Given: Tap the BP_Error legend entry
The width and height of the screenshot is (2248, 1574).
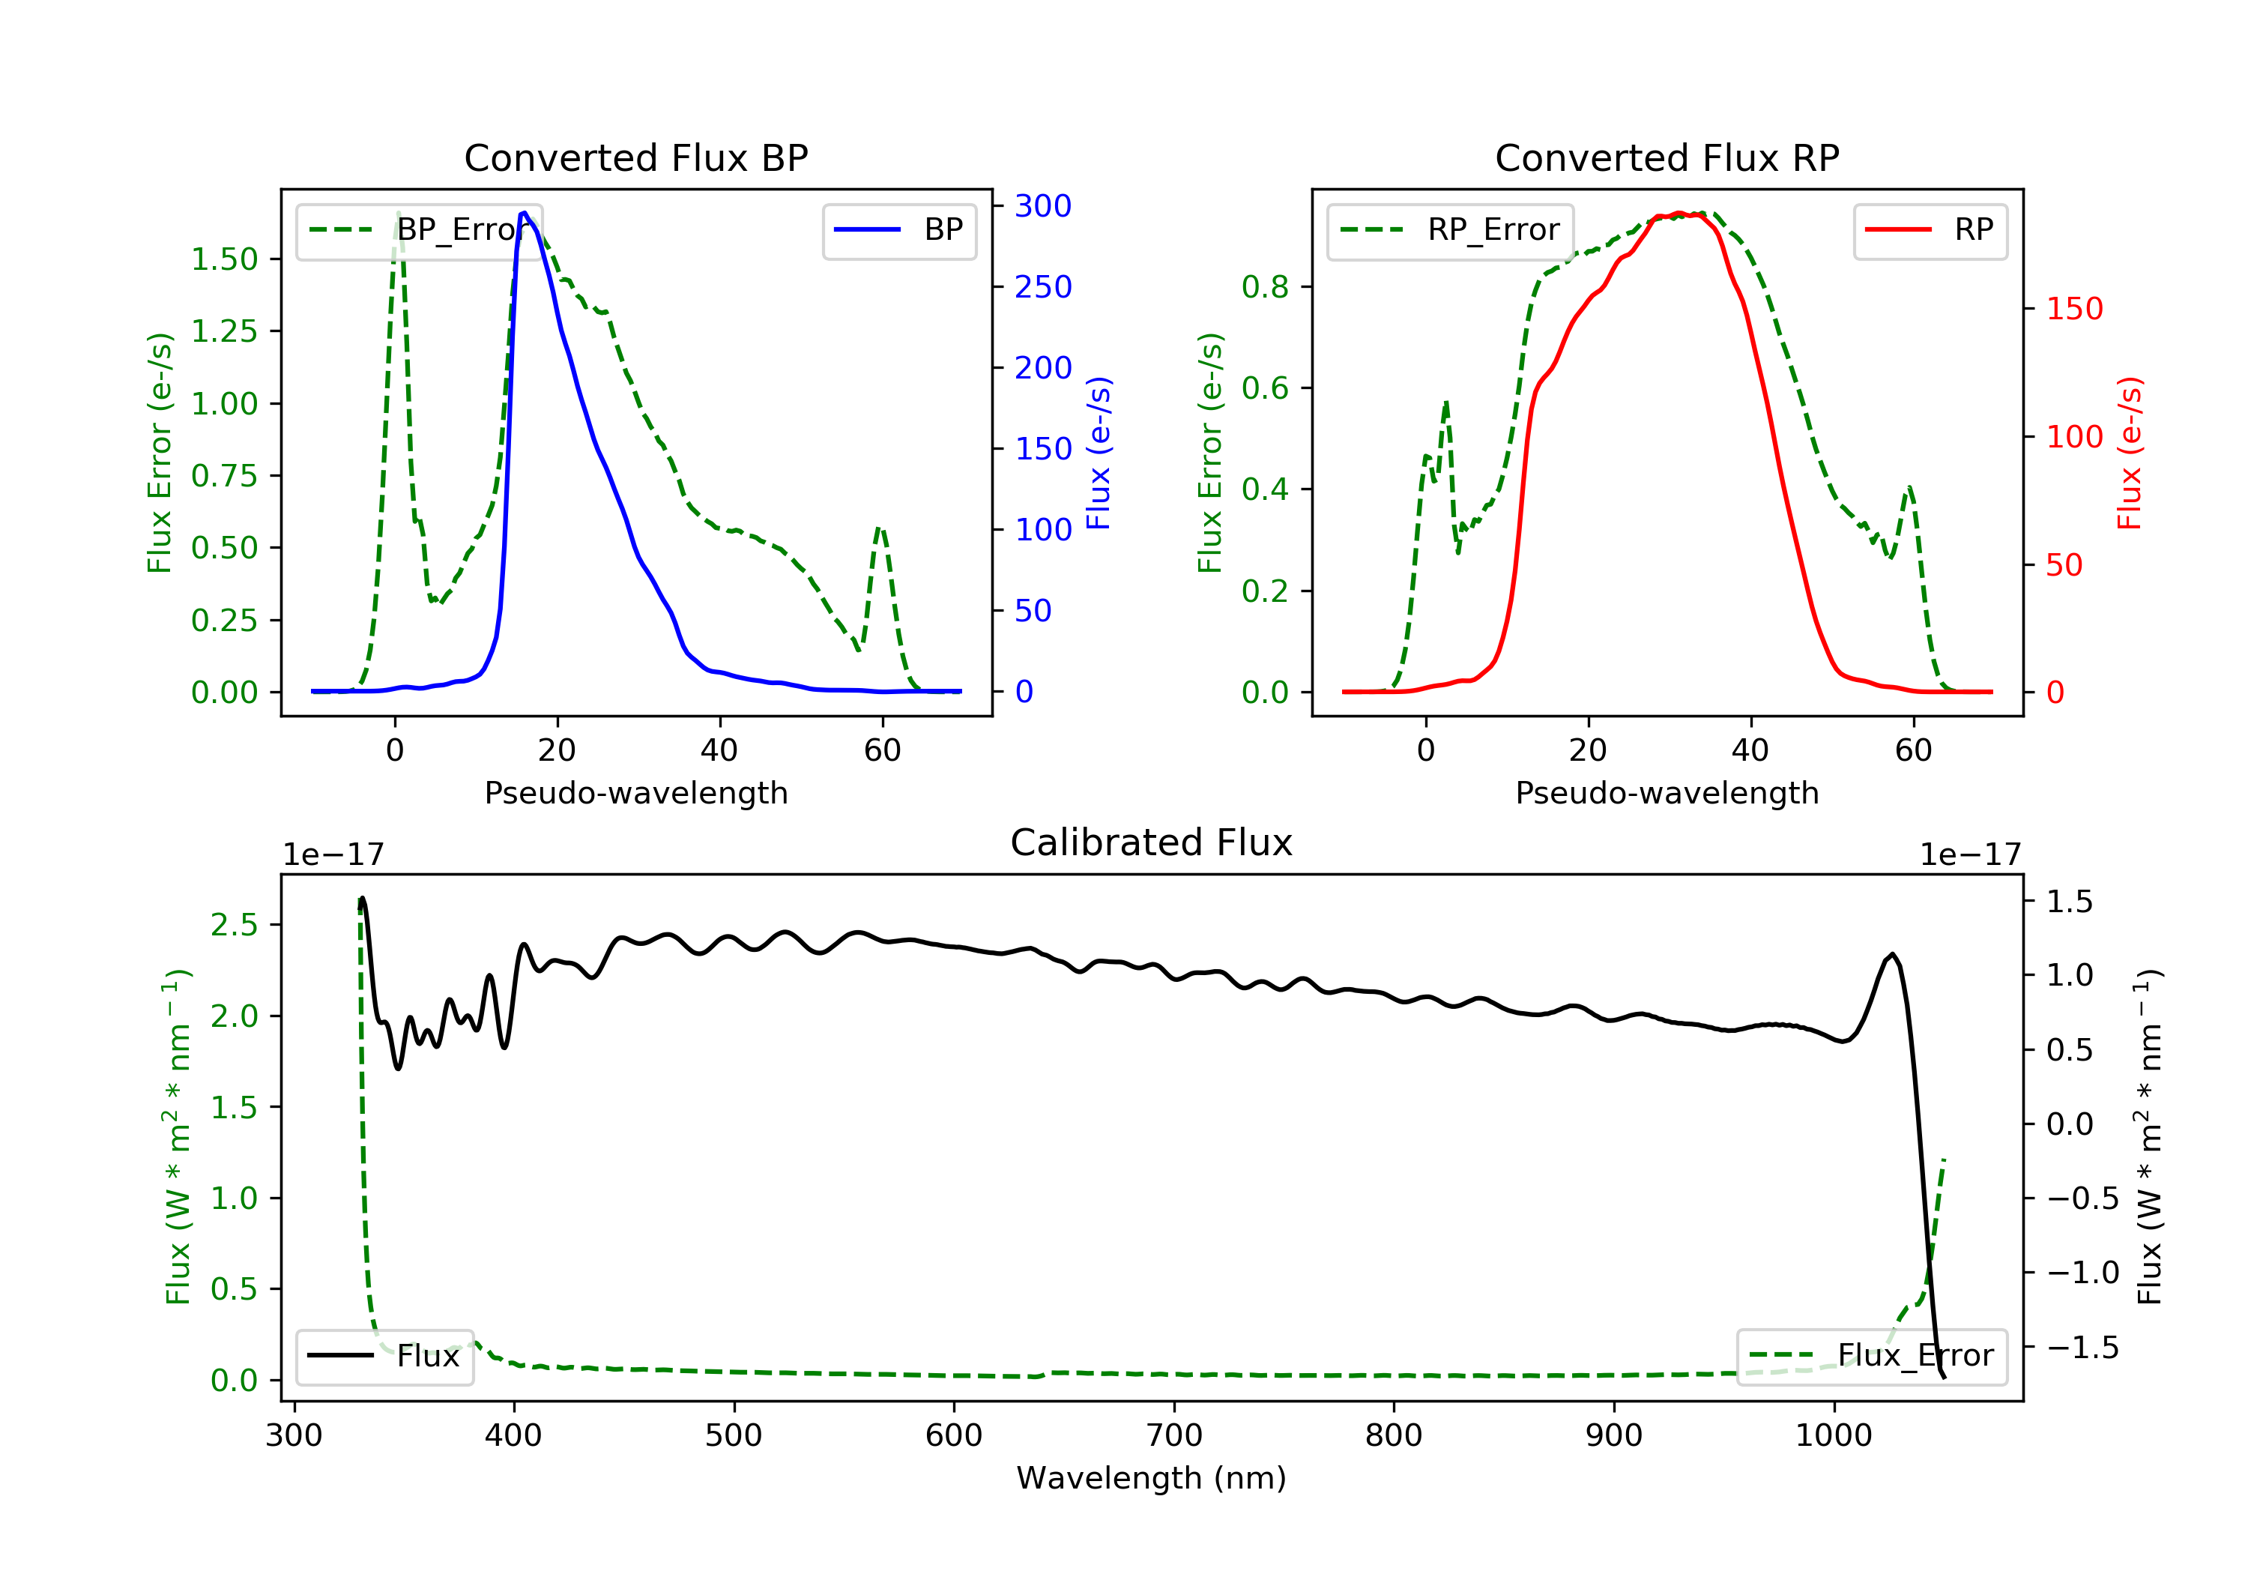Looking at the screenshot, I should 419,230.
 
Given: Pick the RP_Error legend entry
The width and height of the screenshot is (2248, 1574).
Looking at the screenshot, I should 1450,230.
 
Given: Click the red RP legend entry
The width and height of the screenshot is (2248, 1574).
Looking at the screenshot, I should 1930,230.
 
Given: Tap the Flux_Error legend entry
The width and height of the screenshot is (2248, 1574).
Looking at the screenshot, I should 1871,1356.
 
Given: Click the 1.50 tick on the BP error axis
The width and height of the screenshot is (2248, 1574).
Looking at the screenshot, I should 224,259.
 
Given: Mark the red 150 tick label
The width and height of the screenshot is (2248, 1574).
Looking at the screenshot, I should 2075,309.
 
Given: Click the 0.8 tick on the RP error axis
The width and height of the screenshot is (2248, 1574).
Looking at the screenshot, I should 1265,287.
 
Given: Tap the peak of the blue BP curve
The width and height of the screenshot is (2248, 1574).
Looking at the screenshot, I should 525,213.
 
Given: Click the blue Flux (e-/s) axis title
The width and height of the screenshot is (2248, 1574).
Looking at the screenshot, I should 1099,453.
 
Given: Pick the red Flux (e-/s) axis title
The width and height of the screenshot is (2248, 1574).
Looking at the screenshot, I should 2130,453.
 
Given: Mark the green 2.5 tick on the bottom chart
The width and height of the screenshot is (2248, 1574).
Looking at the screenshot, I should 234,925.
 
